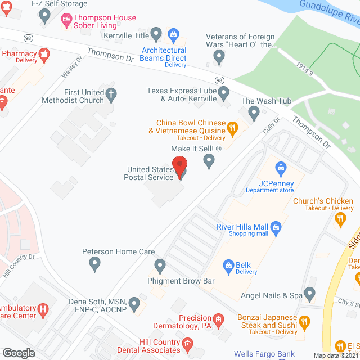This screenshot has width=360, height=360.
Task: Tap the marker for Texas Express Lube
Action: [223, 92]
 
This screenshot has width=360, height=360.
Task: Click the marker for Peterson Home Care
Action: [94, 262]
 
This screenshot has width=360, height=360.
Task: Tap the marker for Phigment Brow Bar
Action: [160, 264]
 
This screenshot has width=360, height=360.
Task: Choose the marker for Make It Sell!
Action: [209, 161]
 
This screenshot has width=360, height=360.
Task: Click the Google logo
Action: [18, 353]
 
